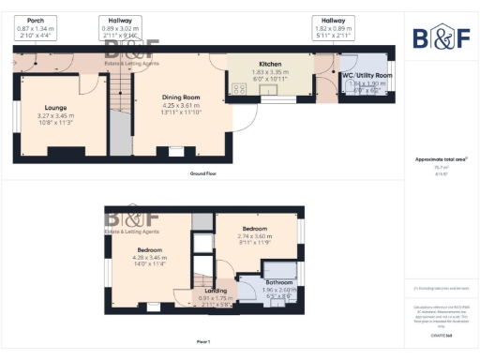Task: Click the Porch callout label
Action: coord(36,20)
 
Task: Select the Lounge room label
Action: coord(54,108)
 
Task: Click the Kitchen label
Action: coord(270,64)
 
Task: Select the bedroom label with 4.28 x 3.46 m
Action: coord(150,250)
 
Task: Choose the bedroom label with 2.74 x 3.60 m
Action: coord(255,228)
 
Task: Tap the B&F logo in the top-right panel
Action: coord(441,37)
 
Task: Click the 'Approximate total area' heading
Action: coord(440,158)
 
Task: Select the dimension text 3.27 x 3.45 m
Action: coord(54,115)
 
